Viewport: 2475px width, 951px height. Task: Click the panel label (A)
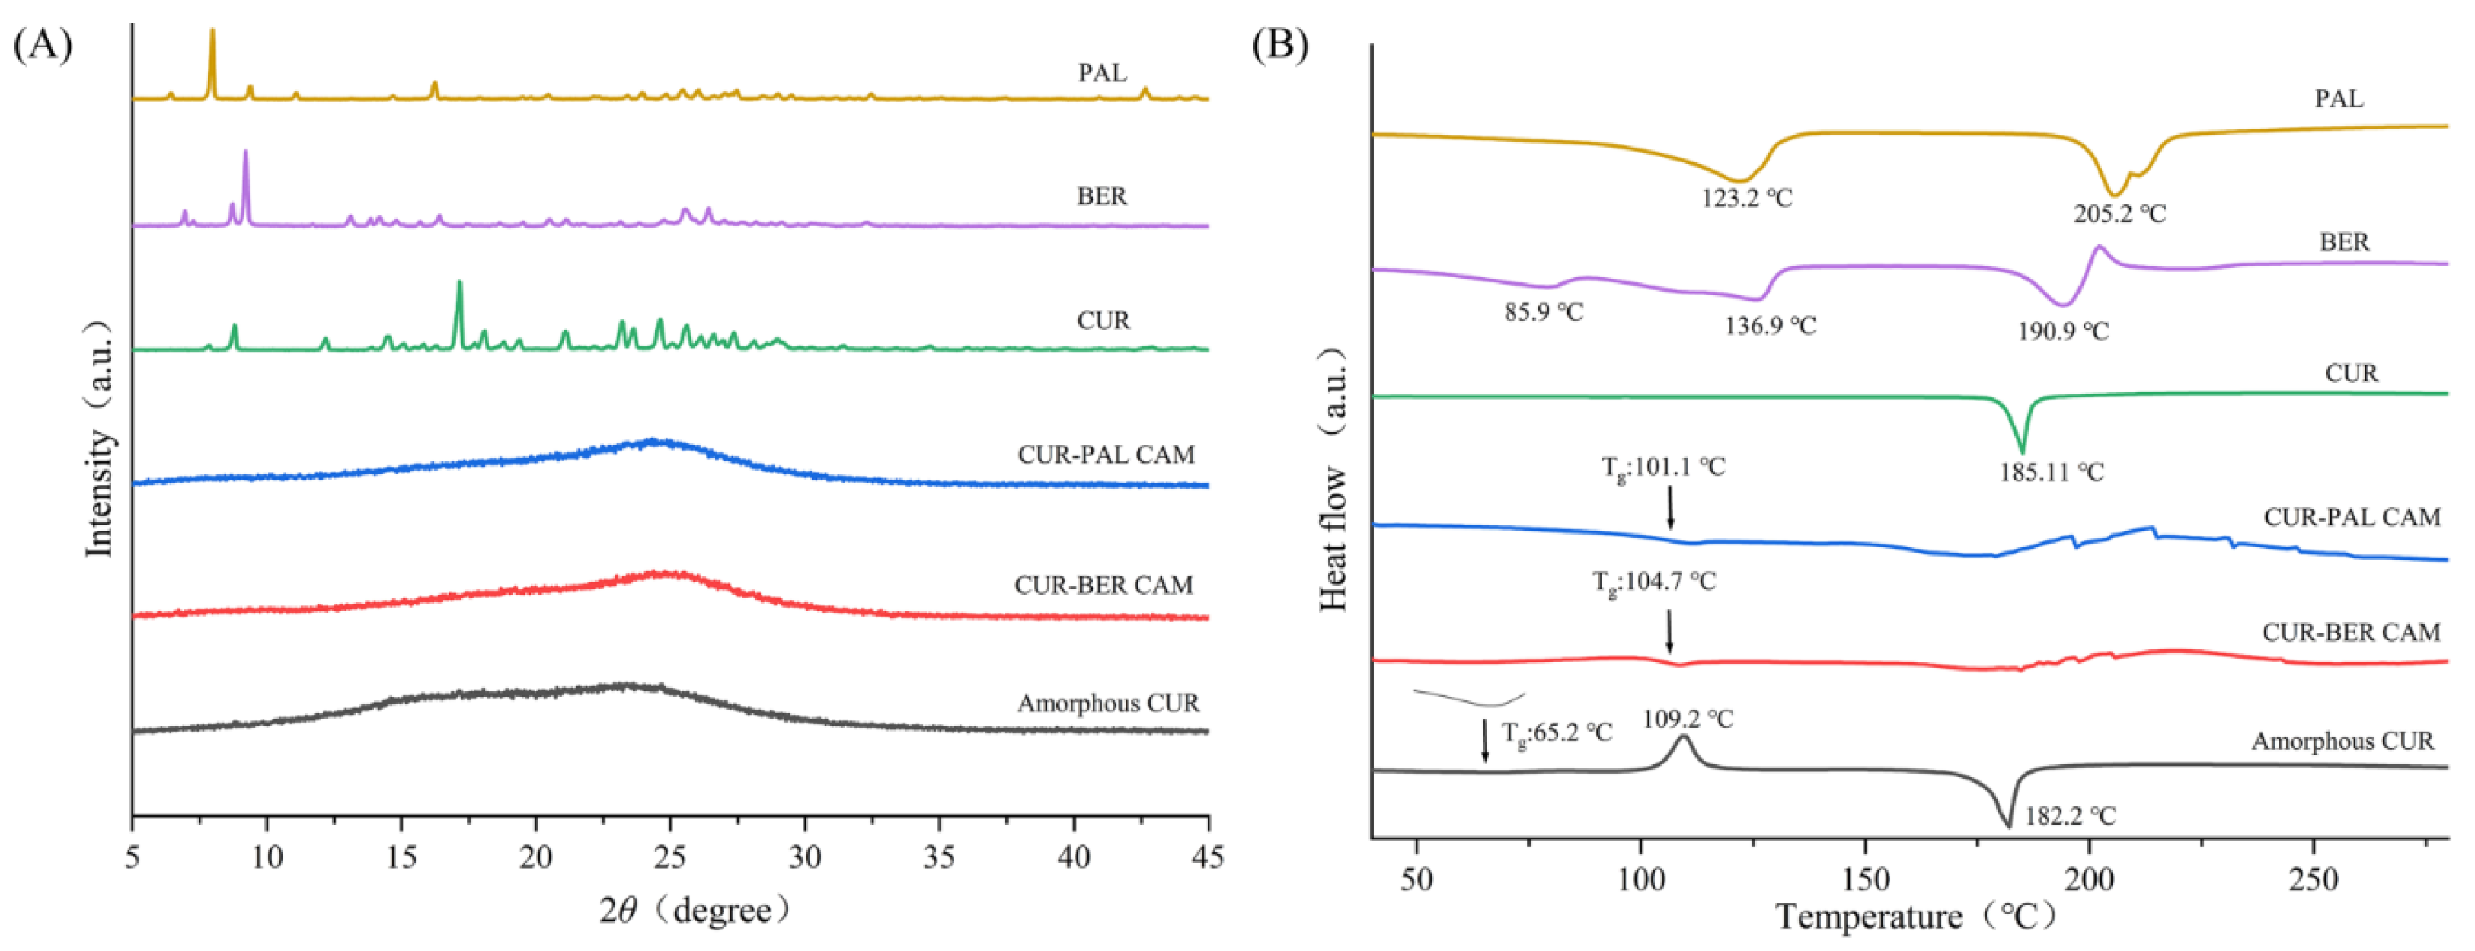43,44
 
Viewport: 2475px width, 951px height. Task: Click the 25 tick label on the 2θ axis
671,857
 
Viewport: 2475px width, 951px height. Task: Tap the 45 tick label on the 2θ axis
1207,857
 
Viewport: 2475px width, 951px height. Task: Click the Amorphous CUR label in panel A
1108,704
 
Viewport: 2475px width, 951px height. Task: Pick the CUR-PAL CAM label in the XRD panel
1106,455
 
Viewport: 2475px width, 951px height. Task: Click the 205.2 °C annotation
2119,213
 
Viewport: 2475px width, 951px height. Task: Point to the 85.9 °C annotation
1543,312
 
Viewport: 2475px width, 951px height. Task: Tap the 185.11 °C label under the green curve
2052,473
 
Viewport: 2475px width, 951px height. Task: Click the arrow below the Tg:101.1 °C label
1670,507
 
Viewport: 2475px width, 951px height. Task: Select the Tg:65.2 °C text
1557,733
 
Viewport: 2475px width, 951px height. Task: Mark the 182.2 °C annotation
2070,816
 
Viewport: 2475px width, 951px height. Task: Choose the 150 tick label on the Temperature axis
1865,879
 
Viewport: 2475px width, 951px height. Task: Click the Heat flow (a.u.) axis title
1333,480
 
